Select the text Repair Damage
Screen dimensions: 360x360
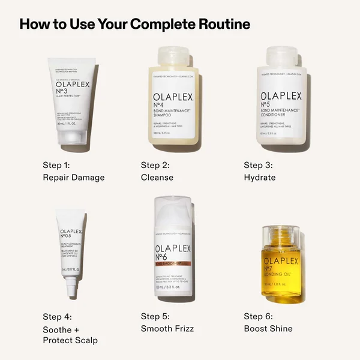(x=74, y=178)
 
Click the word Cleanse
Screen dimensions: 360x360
(x=157, y=178)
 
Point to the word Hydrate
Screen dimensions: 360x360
(x=260, y=178)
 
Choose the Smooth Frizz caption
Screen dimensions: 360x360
(x=167, y=329)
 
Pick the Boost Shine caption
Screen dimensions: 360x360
(x=268, y=329)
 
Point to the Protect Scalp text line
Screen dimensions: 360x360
(x=71, y=341)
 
